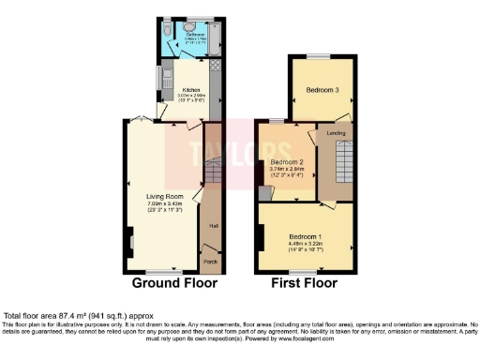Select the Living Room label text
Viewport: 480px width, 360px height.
click(164, 198)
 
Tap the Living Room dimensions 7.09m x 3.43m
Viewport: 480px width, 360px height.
click(164, 205)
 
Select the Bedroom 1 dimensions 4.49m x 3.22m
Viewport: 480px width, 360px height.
click(306, 244)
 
